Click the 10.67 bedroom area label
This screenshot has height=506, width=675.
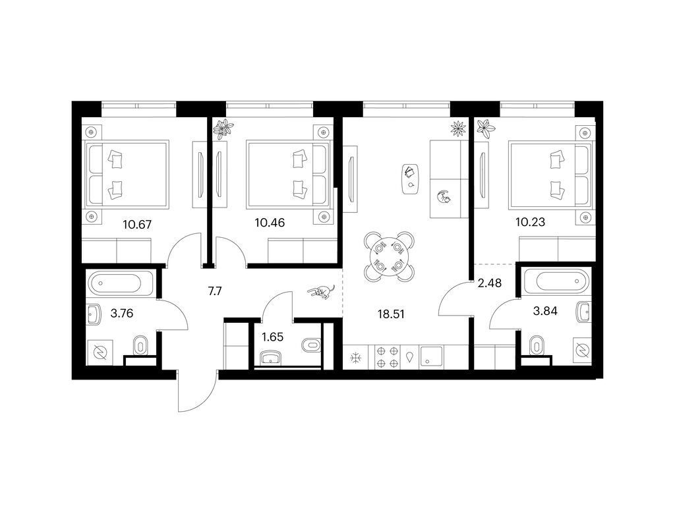[137, 224]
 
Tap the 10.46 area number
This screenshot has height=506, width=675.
[270, 223]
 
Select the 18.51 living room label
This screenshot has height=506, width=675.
[391, 314]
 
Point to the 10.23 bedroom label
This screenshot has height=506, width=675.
[531, 222]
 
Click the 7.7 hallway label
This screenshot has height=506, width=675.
[215, 291]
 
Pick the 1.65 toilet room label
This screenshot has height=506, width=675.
[272, 337]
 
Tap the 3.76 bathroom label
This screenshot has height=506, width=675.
[122, 313]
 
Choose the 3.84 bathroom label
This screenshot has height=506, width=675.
[545, 311]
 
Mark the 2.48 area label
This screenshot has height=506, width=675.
[490, 283]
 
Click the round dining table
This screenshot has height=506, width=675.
[390, 257]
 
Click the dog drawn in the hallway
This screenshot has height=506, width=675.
[321, 292]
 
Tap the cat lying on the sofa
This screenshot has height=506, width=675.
[443, 198]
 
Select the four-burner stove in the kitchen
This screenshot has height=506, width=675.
[388, 357]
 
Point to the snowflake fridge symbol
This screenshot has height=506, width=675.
[355, 358]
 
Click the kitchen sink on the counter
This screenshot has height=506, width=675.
[432, 357]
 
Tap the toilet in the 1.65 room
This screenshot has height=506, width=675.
[312, 345]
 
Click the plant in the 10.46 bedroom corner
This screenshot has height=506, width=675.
[224, 128]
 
